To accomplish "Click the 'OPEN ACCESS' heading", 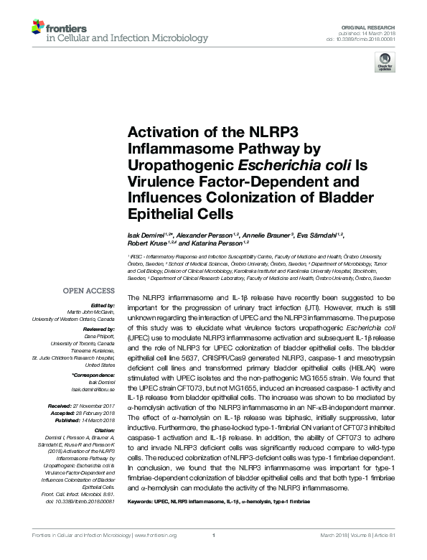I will [x=90, y=291].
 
